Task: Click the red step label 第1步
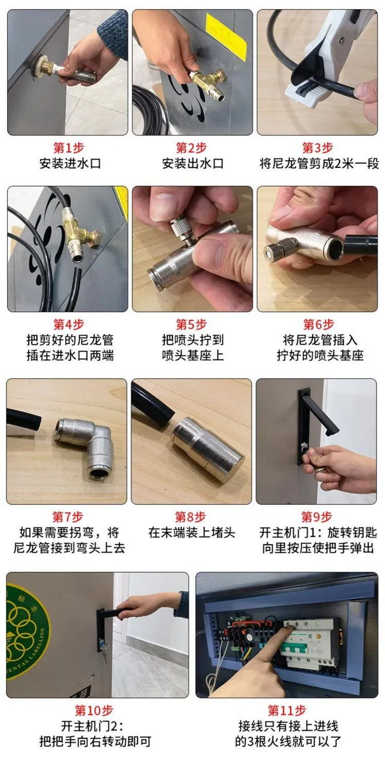tap(68, 148)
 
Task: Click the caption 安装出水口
tap(192, 163)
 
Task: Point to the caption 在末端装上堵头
tap(191, 532)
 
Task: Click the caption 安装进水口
tap(70, 163)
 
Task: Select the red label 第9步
tap(316, 516)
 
